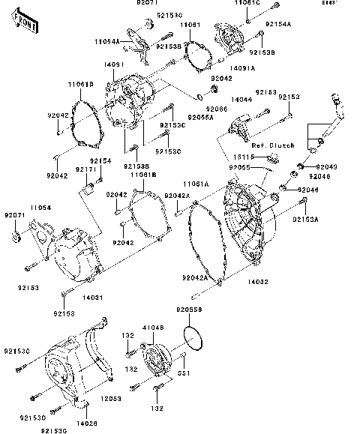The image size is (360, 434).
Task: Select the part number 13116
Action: tap(241, 156)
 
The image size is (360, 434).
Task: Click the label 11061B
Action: tap(142, 174)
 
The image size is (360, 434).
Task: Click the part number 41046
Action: tap(154, 328)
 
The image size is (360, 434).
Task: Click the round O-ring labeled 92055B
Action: tap(193, 339)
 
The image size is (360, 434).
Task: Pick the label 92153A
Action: tap(305, 219)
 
